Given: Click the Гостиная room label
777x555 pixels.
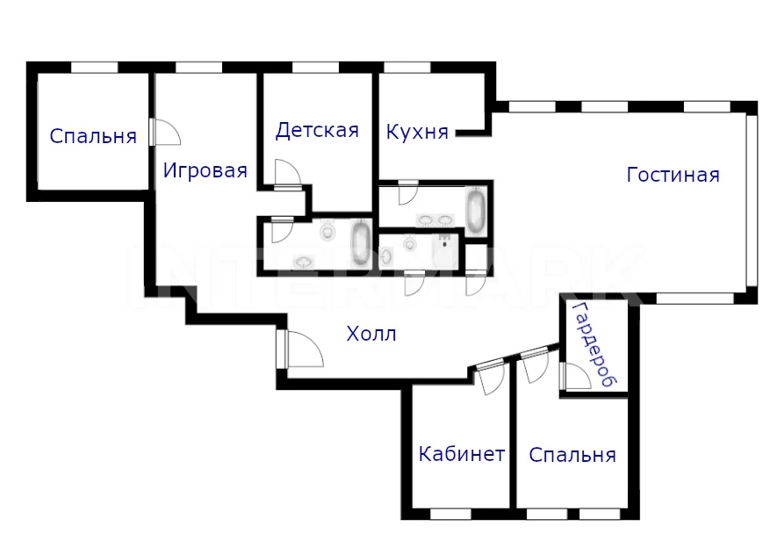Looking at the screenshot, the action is coord(673,175).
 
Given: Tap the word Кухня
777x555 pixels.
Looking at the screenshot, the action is coord(417,133).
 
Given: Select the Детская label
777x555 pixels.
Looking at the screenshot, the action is coord(317,130).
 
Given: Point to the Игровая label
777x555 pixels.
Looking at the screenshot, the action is coord(205,171).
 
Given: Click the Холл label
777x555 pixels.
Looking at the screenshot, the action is coord(371,334).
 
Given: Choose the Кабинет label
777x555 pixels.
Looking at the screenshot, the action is coord(462,453).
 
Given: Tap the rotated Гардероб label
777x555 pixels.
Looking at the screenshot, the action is coord(594,345).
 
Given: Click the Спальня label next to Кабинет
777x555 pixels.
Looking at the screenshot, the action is coord(572,455).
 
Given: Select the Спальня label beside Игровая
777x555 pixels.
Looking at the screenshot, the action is coord(93,136).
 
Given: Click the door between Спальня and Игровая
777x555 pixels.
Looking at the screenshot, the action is coord(165,132).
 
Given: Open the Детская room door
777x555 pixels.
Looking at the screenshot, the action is coord(287,175).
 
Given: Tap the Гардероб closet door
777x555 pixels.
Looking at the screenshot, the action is coord(575,376).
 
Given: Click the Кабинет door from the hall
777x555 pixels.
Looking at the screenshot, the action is coord(491,378).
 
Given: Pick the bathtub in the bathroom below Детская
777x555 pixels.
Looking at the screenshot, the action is coord(361,244).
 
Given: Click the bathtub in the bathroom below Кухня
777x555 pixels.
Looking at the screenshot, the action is coord(476,211).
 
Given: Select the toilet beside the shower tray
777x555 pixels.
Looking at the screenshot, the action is coord(409,243).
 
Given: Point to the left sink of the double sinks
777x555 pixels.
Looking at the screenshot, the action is coord(426,220).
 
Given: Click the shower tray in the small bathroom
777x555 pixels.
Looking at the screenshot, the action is coord(445,251).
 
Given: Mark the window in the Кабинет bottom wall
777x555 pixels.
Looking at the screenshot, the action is coord(450,514).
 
